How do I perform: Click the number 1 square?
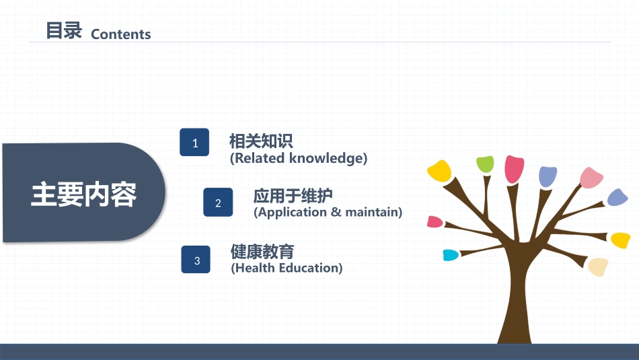click(x=194, y=142)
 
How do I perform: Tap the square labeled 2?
click(x=218, y=203)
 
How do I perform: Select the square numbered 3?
click(x=196, y=259)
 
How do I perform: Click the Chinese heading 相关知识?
click(x=261, y=141)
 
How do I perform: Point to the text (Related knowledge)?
click(x=299, y=158)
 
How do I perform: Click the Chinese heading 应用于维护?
click(x=293, y=196)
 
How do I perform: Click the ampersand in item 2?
click(x=336, y=212)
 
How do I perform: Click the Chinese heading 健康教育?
click(x=262, y=252)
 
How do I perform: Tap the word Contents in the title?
click(x=120, y=34)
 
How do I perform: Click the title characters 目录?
click(x=64, y=30)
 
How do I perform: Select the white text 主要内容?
click(x=83, y=194)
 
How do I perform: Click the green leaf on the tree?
click(x=486, y=164)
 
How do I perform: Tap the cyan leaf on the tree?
click(x=451, y=255)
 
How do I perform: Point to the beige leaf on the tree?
click(x=598, y=266)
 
